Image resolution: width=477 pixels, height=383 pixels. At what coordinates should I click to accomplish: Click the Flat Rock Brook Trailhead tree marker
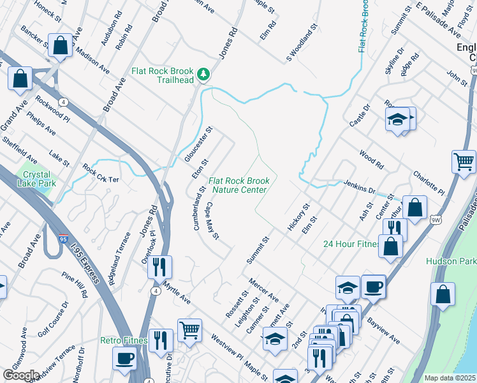(203, 75)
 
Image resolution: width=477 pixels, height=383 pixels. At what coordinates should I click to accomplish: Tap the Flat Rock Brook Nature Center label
(238, 185)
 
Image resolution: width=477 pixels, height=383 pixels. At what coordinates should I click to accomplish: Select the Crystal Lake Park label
(40, 179)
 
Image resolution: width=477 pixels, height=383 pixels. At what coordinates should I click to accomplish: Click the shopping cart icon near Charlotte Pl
(464, 161)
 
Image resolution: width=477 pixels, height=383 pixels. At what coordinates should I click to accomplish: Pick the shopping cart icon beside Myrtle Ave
(189, 330)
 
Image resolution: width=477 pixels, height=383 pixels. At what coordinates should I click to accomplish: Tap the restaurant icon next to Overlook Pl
(159, 266)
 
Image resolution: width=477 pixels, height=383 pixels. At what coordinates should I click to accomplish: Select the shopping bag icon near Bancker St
(60, 45)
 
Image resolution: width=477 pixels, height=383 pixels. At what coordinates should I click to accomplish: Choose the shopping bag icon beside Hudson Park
(443, 294)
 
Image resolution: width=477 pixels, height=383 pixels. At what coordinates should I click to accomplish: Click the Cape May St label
(212, 221)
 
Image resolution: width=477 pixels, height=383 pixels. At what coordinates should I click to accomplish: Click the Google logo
(21, 375)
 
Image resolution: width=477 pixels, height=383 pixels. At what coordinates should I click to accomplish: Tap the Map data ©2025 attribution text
(450, 378)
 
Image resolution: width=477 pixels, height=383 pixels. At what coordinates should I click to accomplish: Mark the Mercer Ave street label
(264, 289)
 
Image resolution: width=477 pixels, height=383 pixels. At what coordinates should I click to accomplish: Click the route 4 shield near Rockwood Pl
(63, 101)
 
